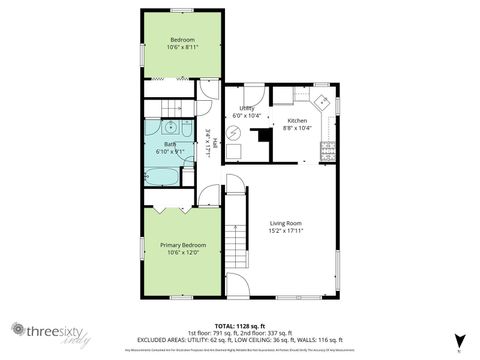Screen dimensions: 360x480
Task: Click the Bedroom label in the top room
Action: pyautogui.click(x=182, y=40)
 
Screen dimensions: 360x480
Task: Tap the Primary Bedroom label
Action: pyautogui.click(x=182, y=244)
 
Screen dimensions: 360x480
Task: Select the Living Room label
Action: pyautogui.click(x=285, y=223)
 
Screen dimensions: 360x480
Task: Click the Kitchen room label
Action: pyautogui.click(x=298, y=120)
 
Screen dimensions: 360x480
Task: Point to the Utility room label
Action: pyautogui.click(x=244, y=109)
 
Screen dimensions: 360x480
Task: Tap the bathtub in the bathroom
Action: pyautogui.click(x=163, y=177)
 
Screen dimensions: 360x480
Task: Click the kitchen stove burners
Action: pyautogui.click(x=327, y=151)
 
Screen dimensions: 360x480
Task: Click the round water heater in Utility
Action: pyautogui.click(x=235, y=152)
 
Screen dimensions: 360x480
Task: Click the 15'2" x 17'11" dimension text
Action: pyautogui.click(x=285, y=231)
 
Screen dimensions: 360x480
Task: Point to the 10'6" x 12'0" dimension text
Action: pyautogui.click(x=182, y=252)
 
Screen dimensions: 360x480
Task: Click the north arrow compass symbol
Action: pyautogui.click(x=459, y=340)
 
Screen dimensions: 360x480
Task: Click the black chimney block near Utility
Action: pyautogui.click(x=263, y=137)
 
